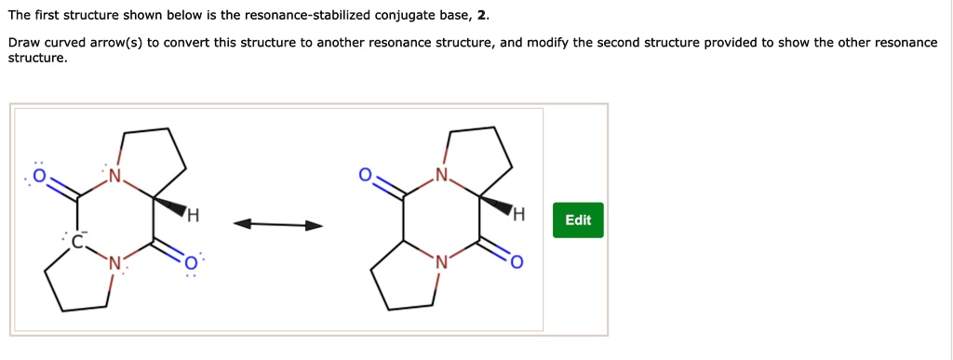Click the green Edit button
pos(577,220)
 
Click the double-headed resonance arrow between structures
pos(278,224)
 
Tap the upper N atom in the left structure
pos(114,176)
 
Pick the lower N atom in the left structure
pos(114,263)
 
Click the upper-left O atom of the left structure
pos(39,175)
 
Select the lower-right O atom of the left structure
pos(190,263)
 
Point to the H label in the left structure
pos(193,219)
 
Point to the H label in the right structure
pos(518,219)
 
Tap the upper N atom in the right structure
pos(441,176)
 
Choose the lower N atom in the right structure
pos(441,263)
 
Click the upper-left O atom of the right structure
pos(366,175)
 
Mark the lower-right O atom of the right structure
pos(517,263)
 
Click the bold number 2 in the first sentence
pos(480,16)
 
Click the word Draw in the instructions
pos(24,43)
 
